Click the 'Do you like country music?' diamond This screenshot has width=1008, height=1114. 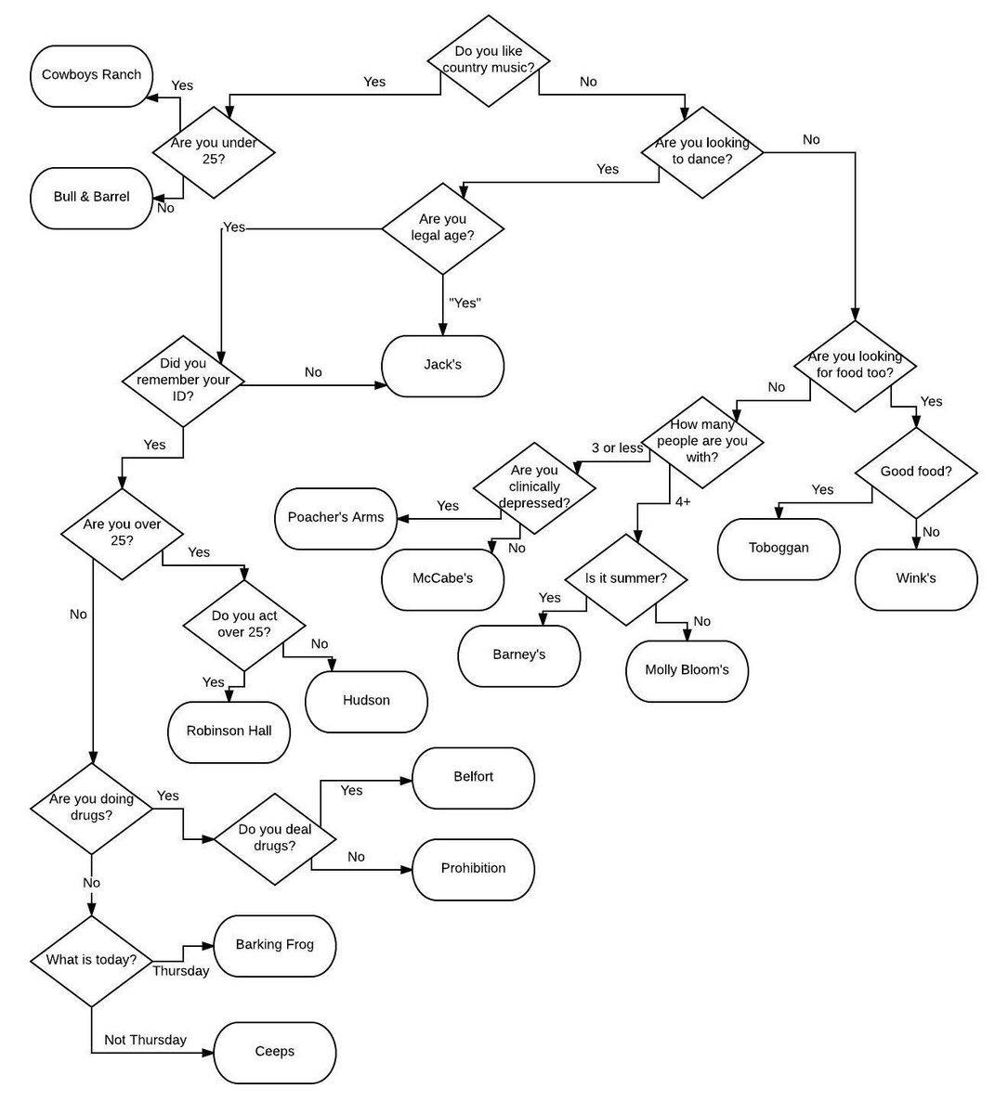pos(488,60)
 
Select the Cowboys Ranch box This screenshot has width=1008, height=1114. pos(91,75)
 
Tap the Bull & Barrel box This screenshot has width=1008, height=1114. pos(91,197)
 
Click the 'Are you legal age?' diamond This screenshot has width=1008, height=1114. pos(443,227)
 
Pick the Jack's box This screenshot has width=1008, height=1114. pos(443,366)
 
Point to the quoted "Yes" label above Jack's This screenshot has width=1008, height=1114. pos(465,303)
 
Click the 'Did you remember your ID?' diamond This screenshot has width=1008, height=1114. pos(183,381)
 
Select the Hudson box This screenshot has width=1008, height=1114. pos(366,701)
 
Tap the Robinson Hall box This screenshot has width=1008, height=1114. pos(229,732)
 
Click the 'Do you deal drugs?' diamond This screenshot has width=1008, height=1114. pos(275,838)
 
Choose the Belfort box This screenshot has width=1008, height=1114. pos(473,777)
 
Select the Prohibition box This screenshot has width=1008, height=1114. pos(473,869)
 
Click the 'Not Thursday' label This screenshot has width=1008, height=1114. pos(145,1040)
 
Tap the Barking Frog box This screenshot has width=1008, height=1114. pos(274,945)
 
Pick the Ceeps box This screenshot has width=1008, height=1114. pos(274,1052)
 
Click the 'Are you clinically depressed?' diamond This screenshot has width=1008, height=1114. pos(534,487)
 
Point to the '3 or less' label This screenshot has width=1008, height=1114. pos(617,448)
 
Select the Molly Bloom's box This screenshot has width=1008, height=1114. pos(687,670)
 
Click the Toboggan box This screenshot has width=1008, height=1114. pos(779,548)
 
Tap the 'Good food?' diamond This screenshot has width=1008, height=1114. pos(916,472)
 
